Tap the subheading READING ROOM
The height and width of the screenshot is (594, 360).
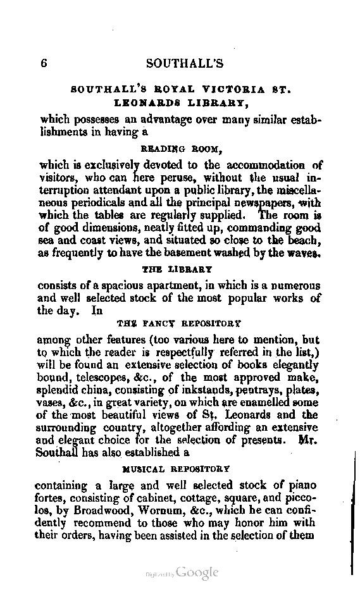click(x=180, y=149)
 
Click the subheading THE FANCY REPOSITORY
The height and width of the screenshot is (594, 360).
click(x=183, y=323)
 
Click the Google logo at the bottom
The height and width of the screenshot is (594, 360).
click(x=197, y=572)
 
